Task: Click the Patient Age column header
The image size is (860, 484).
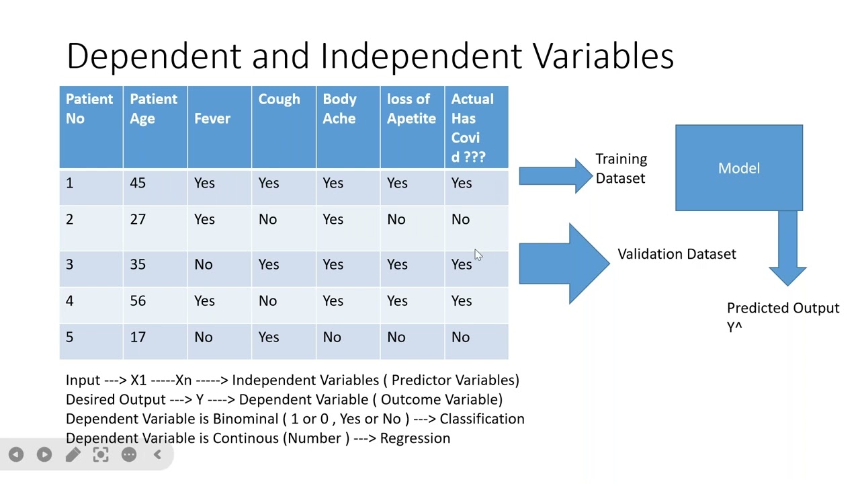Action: point(153,109)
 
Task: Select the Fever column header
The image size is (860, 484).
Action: point(212,118)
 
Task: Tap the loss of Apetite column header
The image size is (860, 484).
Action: point(411,109)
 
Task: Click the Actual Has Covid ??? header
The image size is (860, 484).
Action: point(472,128)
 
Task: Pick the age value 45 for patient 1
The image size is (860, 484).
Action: point(138,184)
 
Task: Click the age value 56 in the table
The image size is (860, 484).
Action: point(138,301)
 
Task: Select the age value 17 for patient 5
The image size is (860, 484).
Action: point(138,337)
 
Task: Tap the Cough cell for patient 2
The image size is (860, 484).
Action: point(267,220)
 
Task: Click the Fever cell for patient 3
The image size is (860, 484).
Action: point(203,265)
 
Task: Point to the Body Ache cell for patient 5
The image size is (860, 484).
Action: point(332,337)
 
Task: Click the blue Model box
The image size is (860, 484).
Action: point(738,168)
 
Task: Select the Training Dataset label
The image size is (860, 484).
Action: point(621,169)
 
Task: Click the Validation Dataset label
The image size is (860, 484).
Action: point(677,254)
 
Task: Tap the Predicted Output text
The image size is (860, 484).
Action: point(783,309)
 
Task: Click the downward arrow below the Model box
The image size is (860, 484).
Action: point(787,249)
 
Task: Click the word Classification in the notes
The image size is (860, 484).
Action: point(482,419)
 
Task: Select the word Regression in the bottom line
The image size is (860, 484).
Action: point(415,438)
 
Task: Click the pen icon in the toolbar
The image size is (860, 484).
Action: point(73,455)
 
